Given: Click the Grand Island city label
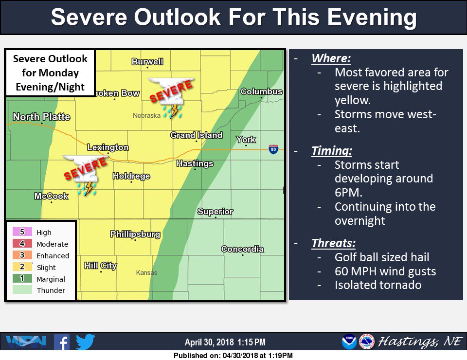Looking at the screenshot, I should click(x=197, y=135).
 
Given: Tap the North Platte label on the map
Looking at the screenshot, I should click(x=41, y=117).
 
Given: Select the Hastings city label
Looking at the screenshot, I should click(x=195, y=163).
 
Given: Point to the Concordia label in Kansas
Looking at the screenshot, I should click(x=242, y=249).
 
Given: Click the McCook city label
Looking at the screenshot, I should click(x=51, y=196).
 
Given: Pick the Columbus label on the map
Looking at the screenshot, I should click(x=261, y=91).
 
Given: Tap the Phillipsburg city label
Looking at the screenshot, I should click(x=135, y=234).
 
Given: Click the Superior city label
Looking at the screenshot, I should click(x=215, y=212).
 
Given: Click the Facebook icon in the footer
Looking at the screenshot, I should click(x=62, y=342).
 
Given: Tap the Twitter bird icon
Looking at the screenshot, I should click(x=85, y=342).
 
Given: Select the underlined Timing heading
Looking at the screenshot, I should click(x=332, y=151).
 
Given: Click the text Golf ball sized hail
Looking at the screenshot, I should click(x=382, y=257).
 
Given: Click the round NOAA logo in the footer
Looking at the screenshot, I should click(x=349, y=342).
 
